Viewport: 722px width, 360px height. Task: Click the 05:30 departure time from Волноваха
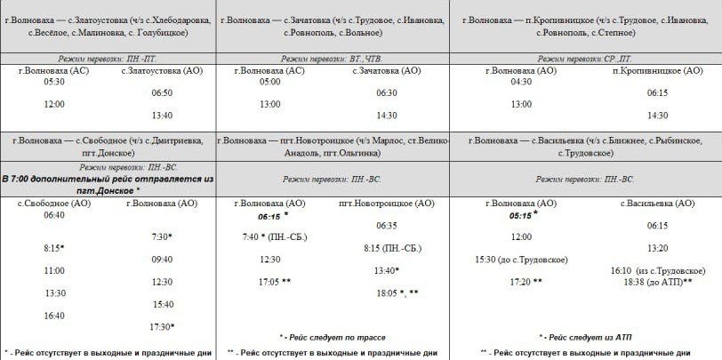(54, 82)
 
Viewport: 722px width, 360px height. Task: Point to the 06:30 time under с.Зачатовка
(386, 92)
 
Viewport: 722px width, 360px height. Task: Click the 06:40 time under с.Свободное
(54, 214)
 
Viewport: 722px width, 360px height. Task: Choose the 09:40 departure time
(162, 259)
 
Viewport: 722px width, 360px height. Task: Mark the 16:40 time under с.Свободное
(54, 315)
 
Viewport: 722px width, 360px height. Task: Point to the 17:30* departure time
(162, 326)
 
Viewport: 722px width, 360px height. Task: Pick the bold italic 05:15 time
(523, 215)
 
